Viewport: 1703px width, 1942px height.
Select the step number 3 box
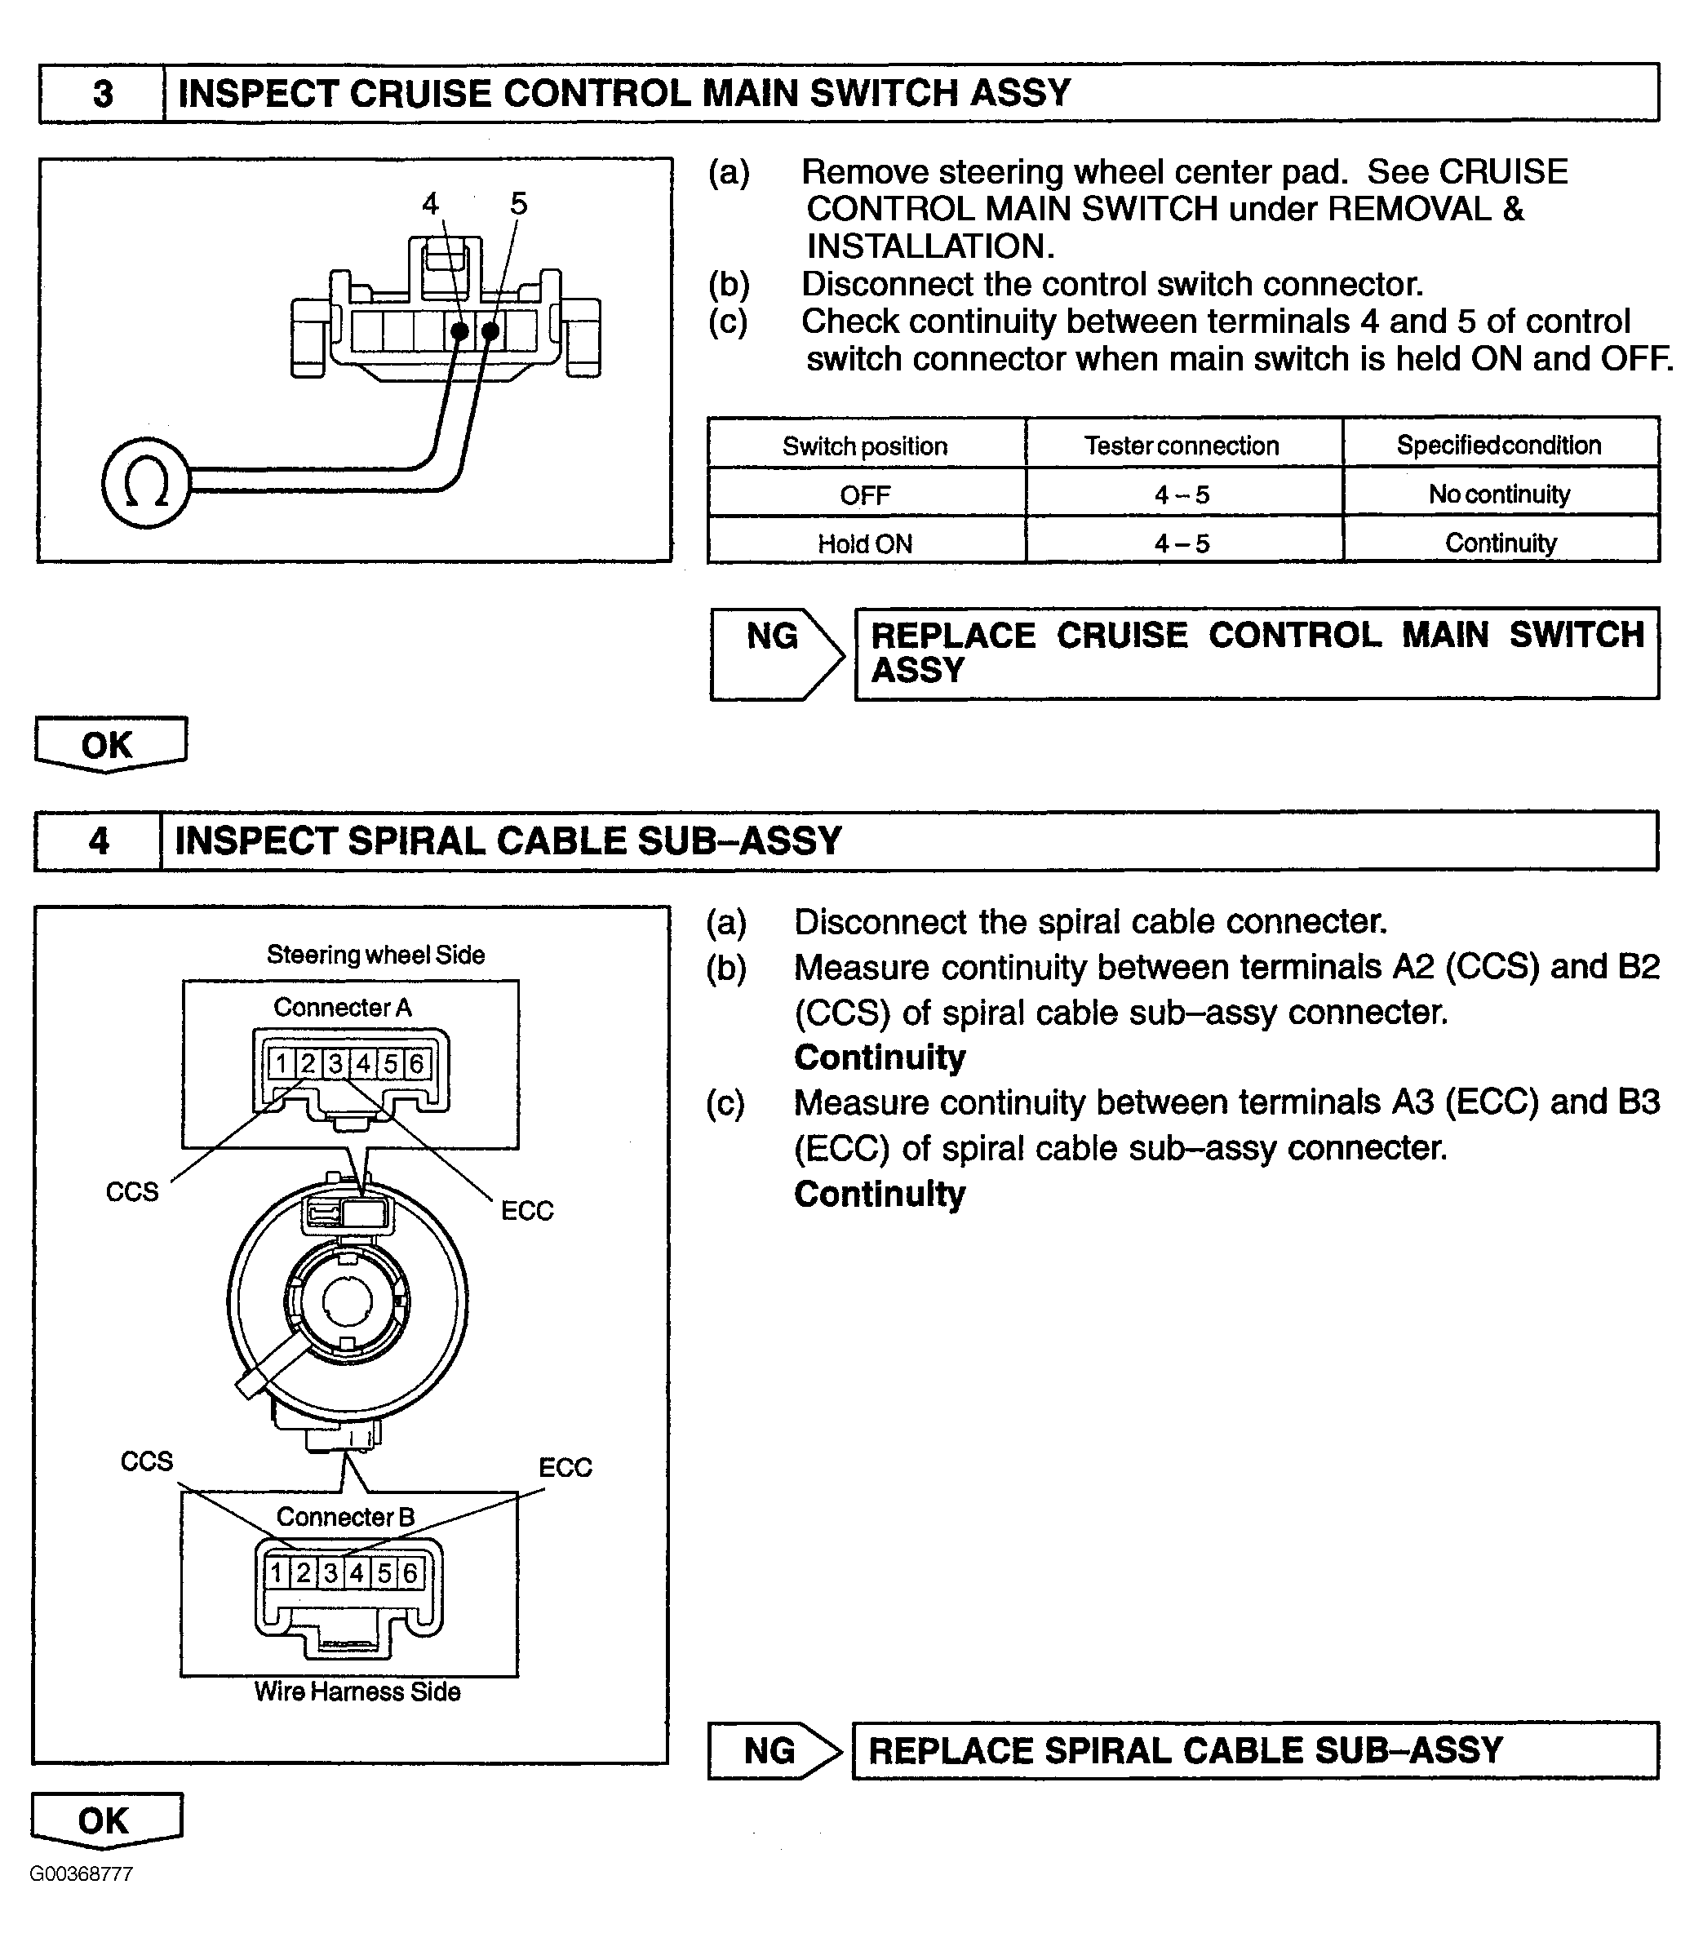(x=103, y=94)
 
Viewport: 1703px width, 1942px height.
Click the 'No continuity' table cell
(x=1500, y=494)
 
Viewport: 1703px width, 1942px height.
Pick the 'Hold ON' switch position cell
(x=865, y=543)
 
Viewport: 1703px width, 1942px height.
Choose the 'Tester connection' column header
(x=1182, y=446)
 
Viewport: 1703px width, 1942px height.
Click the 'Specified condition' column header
(x=1500, y=445)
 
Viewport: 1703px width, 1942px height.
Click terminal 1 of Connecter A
(x=282, y=1063)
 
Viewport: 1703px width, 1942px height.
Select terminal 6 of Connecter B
(x=410, y=1572)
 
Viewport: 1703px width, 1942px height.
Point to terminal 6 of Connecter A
(x=416, y=1063)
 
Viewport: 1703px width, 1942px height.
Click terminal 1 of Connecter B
(x=277, y=1572)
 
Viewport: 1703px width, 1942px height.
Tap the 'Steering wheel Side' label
(x=375, y=955)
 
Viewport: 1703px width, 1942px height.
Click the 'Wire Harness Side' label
(x=357, y=1692)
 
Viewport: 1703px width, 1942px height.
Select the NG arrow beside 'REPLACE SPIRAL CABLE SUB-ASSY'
(x=774, y=1750)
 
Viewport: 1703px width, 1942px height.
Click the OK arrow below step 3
(x=109, y=744)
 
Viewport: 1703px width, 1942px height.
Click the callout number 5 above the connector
(x=519, y=202)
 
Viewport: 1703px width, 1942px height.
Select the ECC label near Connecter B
(x=565, y=1467)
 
